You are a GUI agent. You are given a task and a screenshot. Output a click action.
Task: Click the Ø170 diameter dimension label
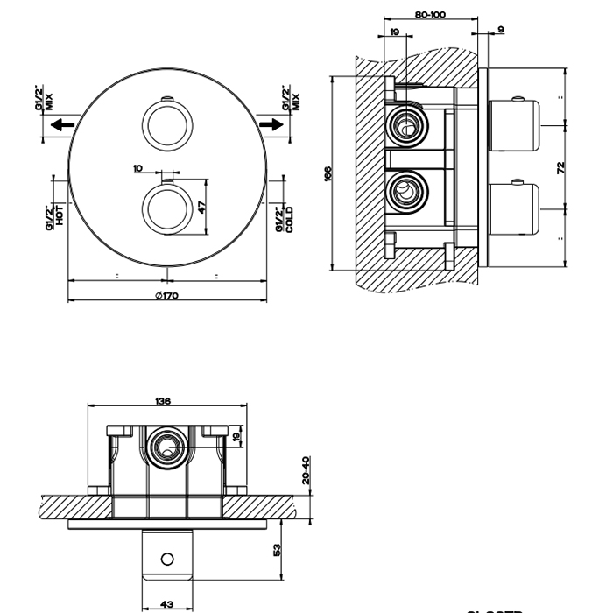click(x=166, y=296)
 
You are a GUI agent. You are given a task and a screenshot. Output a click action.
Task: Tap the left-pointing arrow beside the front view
click(x=60, y=125)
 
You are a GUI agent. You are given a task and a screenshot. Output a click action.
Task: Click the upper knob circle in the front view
click(x=166, y=124)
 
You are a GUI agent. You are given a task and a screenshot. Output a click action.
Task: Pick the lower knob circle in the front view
click(x=166, y=208)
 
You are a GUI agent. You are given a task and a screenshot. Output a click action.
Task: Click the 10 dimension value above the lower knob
click(x=137, y=167)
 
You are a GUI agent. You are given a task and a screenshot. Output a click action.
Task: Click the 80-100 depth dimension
click(x=430, y=15)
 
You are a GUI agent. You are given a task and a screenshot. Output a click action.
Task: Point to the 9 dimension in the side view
click(x=500, y=31)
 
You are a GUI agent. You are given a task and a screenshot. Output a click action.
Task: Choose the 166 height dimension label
click(x=327, y=173)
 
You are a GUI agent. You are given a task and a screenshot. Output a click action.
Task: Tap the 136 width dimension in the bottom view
click(x=163, y=401)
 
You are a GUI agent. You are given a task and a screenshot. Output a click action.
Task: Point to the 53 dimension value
click(x=277, y=550)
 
